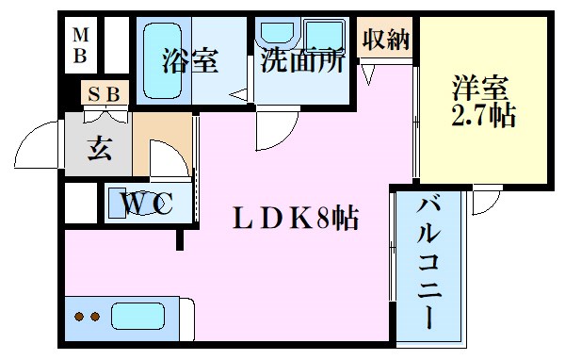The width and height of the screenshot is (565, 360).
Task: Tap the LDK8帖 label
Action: coord(295,219)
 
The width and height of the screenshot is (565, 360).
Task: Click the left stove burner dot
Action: coord(80,316)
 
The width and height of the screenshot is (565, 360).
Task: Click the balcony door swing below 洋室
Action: coord(486,199)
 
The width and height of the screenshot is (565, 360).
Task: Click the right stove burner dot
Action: coord(94,316)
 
